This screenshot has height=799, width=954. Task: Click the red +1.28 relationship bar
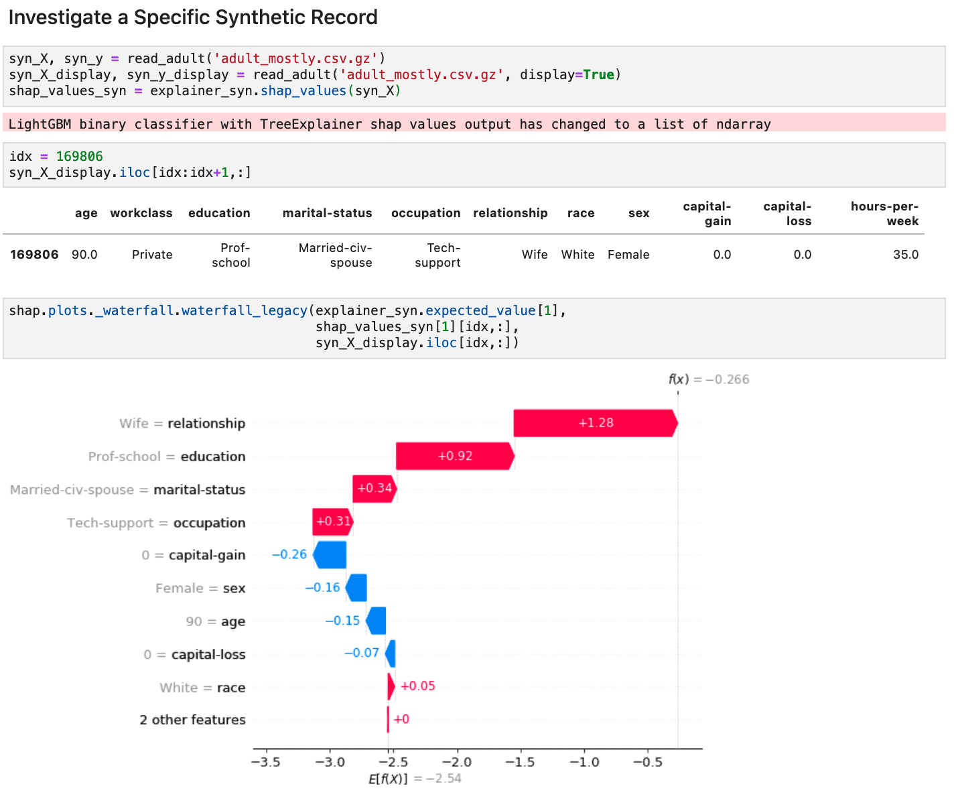(595, 423)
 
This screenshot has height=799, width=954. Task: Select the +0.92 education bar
(455, 456)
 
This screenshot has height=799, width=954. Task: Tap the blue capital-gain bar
(330, 555)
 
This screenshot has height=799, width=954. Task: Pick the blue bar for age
(377, 621)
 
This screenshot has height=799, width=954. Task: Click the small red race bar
(391, 686)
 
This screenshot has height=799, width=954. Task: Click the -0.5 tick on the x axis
(648, 762)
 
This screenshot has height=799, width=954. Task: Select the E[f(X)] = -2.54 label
(415, 778)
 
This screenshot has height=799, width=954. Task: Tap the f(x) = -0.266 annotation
(709, 379)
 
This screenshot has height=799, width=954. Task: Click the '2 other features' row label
(192, 720)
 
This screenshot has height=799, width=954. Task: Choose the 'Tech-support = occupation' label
(156, 523)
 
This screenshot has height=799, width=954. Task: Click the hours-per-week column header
(884, 214)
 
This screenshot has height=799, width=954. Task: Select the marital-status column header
(327, 213)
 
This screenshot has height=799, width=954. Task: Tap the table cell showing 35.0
(905, 255)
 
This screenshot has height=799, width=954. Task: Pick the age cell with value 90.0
(84, 255)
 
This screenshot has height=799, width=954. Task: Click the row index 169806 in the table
(34, 255)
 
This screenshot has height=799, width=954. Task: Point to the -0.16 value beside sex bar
(322, 588)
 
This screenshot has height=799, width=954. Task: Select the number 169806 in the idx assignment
(79, 156)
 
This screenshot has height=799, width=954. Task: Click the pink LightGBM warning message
(389, 124)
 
